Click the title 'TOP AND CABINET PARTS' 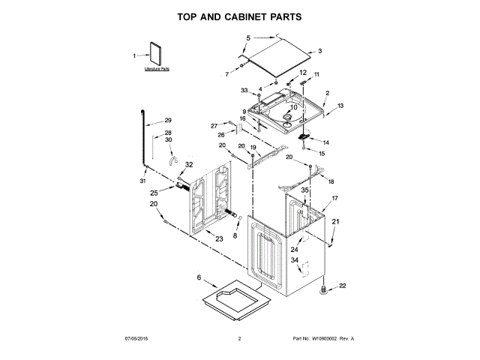pos(239,15)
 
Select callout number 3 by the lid pos(319,51)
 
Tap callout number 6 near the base pos(199,278)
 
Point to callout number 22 pos(343,285)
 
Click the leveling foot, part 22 pos(325,287)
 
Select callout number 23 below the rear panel pos(219,239)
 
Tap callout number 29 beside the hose pos(168,120)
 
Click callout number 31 pos(142,181)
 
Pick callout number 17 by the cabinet pos(335,198)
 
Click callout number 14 pos(325,142)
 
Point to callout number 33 pos(244,91)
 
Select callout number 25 pos(154,193)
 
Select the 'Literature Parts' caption pos(157,68)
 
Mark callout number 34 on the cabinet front pos(295,262)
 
